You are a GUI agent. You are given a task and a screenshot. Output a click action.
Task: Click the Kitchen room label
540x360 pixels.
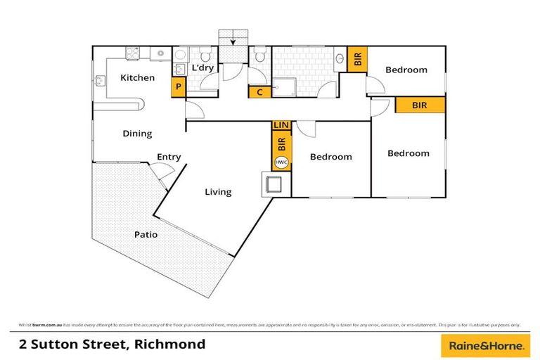[137, 77]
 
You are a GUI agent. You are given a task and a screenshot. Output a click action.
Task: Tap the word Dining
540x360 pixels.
[137, 134]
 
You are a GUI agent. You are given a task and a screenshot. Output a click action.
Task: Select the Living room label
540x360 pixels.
[218, 191]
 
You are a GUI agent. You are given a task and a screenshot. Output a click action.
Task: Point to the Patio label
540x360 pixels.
[146, 235]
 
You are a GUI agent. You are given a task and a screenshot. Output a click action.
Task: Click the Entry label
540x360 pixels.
[169, 157]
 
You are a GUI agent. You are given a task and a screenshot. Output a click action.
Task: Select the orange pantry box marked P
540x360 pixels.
[179, 87]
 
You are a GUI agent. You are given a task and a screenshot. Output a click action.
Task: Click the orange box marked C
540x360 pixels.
[259, 91]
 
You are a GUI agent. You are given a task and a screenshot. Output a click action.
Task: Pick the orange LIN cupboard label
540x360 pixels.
[281, 125]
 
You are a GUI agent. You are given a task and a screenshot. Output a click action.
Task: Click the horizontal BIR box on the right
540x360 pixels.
[420, 105]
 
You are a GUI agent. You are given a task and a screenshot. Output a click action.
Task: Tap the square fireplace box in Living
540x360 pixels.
[274, 185]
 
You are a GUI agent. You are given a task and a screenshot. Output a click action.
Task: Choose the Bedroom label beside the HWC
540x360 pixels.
[330, 157]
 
